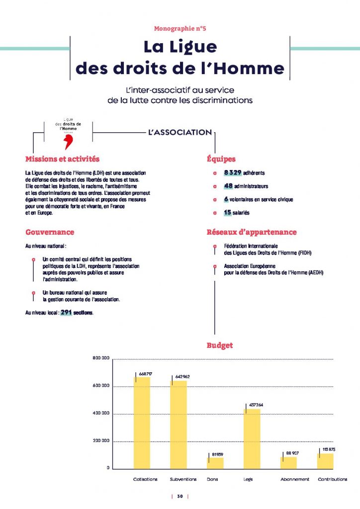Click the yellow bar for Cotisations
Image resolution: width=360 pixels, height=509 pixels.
[x=142, y=423]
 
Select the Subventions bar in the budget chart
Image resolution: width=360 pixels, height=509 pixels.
[x=179, y=424]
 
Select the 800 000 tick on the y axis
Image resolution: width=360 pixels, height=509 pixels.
[x=101, y=358]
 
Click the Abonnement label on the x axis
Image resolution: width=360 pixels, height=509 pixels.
[x=294, y=479]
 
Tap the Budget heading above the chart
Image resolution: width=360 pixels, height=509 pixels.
[x=220, y=345]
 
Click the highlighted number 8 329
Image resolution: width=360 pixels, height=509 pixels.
[x=232, y=172]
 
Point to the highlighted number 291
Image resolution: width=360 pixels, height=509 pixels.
[x=67, y=313]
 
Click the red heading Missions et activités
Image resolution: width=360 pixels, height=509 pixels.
[x=62, y=159]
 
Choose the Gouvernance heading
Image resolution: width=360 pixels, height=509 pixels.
[x=50, y=232]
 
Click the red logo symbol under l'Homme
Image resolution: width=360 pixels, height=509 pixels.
[x=69, y=142]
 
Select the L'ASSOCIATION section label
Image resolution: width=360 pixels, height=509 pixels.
[x=180, y=133]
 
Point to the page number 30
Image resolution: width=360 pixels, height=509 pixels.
[x=180, y=496]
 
